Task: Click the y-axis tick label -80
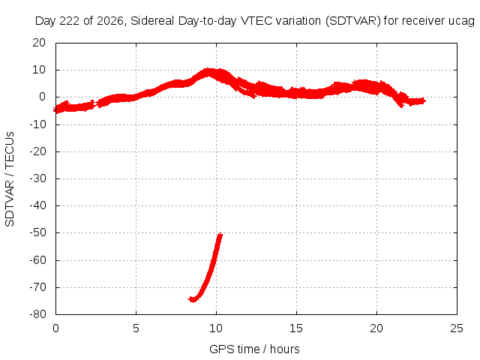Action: coord(37,314)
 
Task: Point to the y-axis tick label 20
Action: coord(39,43)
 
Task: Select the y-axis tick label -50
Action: coord(37,232)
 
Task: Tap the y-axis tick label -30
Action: coord(37,178)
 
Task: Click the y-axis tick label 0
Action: coord(43,97)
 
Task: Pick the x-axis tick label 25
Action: coord(457,328)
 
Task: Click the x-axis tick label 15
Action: coord(296,328)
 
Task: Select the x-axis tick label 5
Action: coord(136,328)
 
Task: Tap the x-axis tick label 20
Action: coord(376,328)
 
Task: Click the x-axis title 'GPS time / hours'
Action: coord(254,349)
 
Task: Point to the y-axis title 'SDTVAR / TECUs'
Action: coord(10,179)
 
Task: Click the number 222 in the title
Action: coord(70,21)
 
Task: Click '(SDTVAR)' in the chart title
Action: coord(352,21)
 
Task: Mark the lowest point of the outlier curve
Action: coord(193,300)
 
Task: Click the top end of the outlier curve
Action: coord(220,234)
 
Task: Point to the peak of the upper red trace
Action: coord(208,70)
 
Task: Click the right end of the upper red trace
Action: coord(424,100)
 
